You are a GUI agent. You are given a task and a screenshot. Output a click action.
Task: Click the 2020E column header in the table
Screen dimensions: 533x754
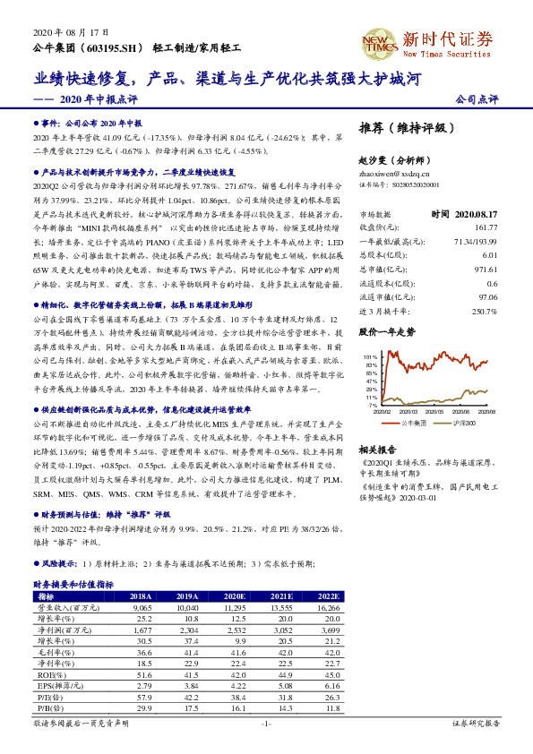235,595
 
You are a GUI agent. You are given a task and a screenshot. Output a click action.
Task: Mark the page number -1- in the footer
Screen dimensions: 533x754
266,723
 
